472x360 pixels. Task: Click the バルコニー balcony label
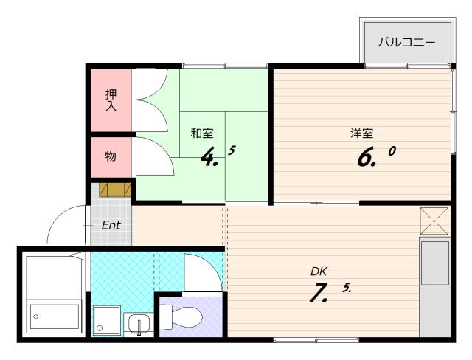(406, 42)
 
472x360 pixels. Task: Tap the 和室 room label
(202, 133)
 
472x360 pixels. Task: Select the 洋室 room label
(361, 133)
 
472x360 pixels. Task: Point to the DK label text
(319, 271)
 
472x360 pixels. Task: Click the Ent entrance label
(111, 225)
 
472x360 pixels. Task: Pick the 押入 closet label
(111, 100)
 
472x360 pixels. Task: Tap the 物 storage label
(111, 156)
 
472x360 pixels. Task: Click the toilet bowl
(181, 316)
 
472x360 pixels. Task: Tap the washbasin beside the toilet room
(139, 324)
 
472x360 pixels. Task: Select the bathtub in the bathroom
(54, 316)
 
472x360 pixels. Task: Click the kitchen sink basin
(434, 263)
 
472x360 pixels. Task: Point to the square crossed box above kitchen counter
(434, 221)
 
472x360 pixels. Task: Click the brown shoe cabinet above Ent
(115, 190)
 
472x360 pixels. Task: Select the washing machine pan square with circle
(107, 321)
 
